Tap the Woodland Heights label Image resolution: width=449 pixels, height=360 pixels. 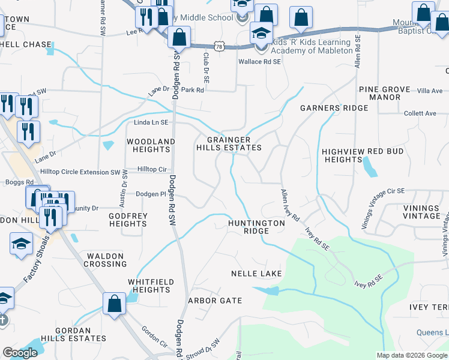click(x=151, y=146)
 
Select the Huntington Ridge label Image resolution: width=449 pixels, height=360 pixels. click(x=256, y=227)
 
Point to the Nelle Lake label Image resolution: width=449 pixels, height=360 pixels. click(x=256, y=274)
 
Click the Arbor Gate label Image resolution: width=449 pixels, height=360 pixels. click(x=215, y=301)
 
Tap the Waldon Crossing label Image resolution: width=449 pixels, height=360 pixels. click(x=106, y=260)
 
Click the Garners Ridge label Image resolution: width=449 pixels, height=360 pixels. click(x=334, y=108)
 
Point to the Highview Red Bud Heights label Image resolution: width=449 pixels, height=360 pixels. click(x=363, y=156)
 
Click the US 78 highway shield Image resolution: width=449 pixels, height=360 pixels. click(x=221, y=46)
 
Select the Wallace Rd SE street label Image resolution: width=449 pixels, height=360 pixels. click(x=260, y=62)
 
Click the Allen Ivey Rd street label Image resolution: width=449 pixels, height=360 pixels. click(x=289, y=206)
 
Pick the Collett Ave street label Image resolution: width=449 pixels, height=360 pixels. click(x=420, y=113)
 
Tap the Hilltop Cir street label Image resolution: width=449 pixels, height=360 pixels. click(x=153, y=170)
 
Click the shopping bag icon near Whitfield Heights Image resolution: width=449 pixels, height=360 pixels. click(x=114, y=304)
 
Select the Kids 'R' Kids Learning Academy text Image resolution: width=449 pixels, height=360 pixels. click(x=312, y=47)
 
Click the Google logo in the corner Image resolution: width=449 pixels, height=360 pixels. click(x=20, y=353)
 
